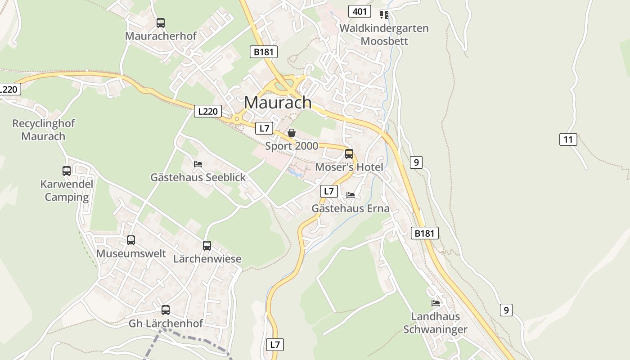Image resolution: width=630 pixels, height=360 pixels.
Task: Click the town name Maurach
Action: (278, 103)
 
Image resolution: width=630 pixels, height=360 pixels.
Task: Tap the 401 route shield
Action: (360, 11)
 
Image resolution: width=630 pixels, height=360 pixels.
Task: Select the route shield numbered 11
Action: (568, 139)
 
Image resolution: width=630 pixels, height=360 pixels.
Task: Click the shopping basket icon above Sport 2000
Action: (292, 133)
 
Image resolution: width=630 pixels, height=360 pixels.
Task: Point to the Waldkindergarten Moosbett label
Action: (384, 35)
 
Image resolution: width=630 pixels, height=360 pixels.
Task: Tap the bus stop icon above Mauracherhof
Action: (160, 22)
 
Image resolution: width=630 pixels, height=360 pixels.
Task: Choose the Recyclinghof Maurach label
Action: (43, 130)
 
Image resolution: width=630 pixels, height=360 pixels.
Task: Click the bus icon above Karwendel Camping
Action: (67, 171)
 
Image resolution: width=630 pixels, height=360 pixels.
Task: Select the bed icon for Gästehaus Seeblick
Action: (198, 164)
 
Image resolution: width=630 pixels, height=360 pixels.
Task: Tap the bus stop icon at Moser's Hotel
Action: (349, 154)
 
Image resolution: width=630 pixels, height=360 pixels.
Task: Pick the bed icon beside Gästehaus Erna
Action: (351, 195)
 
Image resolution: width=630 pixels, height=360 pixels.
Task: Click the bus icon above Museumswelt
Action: (131, 240)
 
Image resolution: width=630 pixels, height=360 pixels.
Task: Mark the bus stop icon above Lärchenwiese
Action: (207, 246)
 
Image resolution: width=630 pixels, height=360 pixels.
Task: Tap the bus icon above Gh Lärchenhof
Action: (166, 310)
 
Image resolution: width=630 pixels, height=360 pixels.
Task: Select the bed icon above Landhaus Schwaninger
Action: (436, 303)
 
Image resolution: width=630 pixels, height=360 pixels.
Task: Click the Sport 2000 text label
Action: (292, 146)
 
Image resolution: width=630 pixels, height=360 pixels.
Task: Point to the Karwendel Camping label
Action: (67, 190)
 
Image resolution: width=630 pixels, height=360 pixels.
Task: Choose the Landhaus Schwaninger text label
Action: (435, 323)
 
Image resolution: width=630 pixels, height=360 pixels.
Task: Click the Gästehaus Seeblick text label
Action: (198, 177)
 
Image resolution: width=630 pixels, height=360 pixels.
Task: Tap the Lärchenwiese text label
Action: (207, 259)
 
